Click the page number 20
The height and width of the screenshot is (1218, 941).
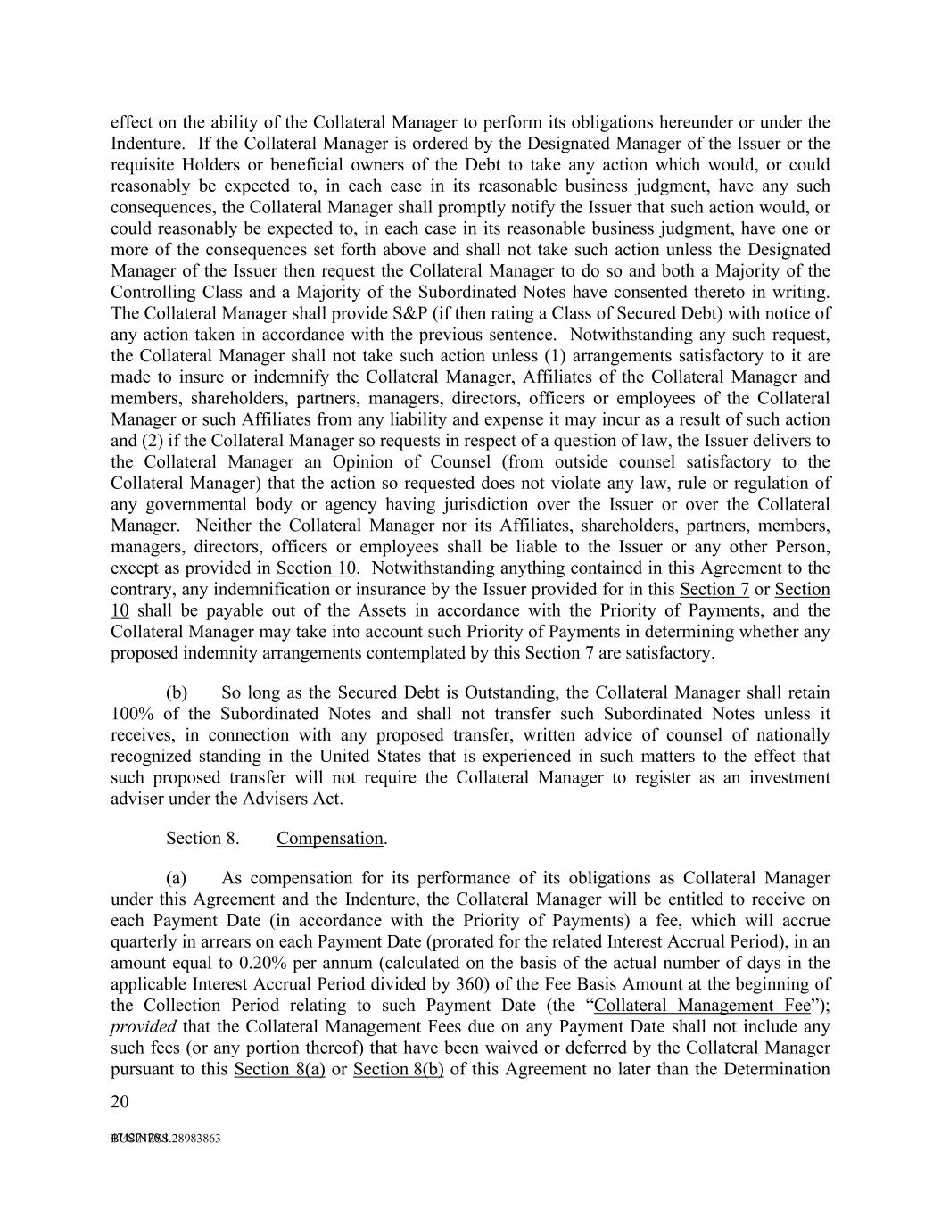[120, 1101]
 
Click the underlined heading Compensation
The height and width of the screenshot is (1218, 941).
[329, 838]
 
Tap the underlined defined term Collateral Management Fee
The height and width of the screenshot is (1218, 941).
[702, 1006]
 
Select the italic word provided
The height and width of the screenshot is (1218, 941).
[143, 1027]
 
